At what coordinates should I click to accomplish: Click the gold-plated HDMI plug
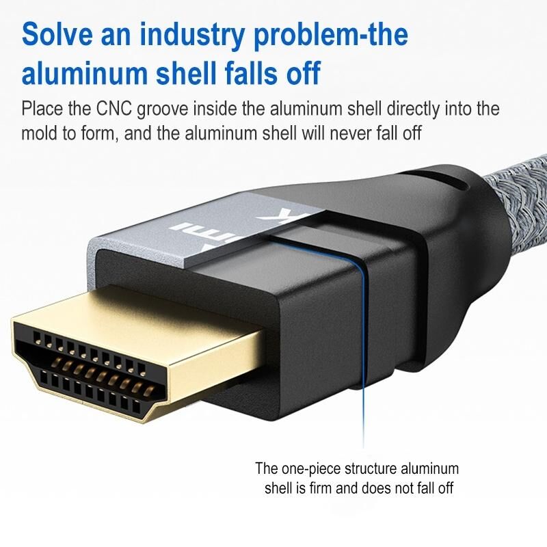pos(137,356)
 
